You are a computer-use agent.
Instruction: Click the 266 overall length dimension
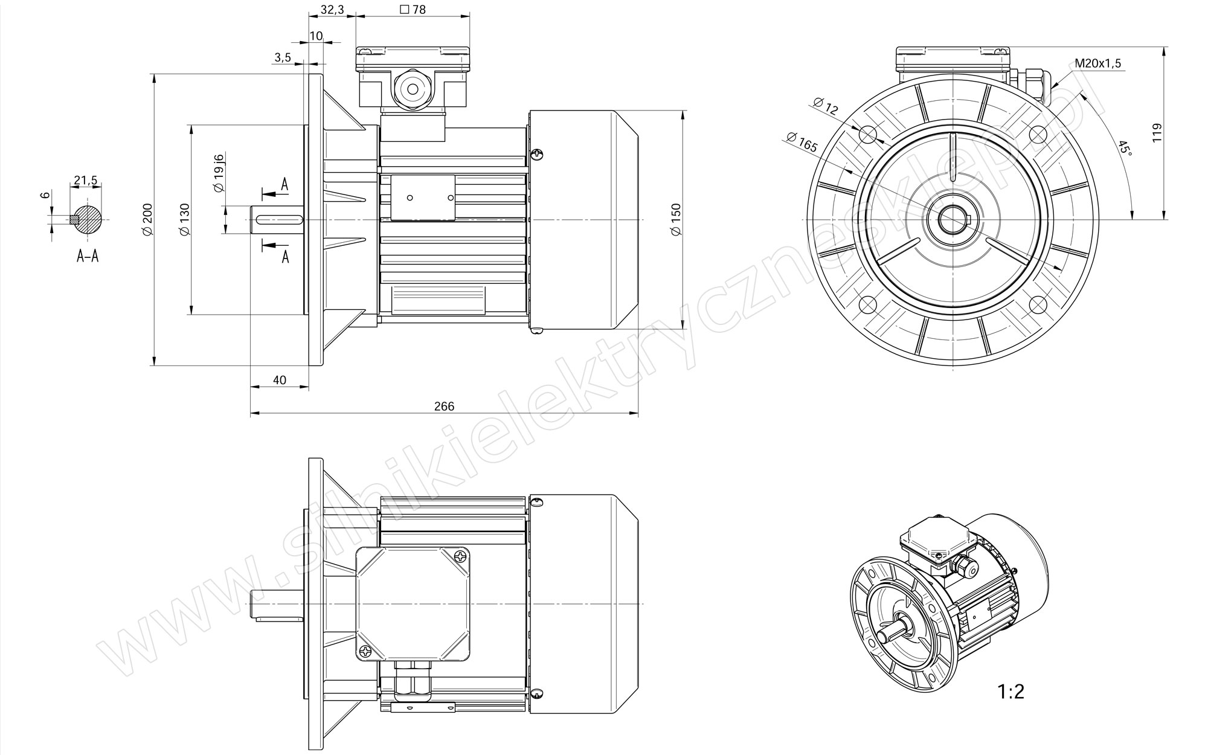coord(444,406)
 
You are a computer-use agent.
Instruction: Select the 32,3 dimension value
coord(332,10)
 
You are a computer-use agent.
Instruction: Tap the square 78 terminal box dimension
coord(413,10)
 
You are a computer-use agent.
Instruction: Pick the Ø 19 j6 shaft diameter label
coord(219,173)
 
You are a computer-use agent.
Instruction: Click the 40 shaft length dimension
coord(279,380)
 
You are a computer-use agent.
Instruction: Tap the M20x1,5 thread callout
coord(1098,63)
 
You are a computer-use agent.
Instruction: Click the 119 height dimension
coord(1157,132)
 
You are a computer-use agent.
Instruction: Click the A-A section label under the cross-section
coord(88,256)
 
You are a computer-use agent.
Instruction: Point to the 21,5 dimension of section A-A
coord(85,180)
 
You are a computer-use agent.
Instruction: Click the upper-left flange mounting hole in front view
coord(867,134)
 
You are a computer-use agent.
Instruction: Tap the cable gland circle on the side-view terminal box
coord(413,89)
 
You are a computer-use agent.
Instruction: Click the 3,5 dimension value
coord(283,57)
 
